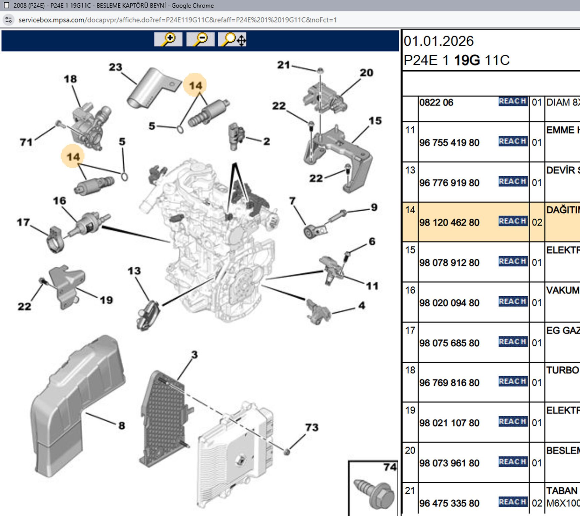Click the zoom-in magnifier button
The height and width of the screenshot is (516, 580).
point(168,39)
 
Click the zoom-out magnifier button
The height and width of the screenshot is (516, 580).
point(200,39)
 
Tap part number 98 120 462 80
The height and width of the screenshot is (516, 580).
point(449,222)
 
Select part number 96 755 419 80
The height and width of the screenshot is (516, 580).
point(449,142)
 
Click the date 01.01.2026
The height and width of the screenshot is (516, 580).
point(439,41)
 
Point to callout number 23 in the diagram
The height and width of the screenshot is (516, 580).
point(115,67)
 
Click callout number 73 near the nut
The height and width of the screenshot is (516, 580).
point(312,427)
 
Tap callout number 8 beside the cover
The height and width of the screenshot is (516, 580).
point(122,426)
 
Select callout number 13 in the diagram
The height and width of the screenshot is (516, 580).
point(134,271)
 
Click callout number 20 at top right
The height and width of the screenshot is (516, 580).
point(366,73)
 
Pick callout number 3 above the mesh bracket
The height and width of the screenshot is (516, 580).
point(194,355)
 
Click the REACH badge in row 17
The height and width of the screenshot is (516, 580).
point(512,342)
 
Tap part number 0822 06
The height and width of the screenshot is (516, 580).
point(436,102)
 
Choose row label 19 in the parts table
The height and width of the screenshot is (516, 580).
point(410,410)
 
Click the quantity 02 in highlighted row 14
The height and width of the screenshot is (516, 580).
point(537,222)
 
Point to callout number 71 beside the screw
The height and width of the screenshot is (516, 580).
point(26,142)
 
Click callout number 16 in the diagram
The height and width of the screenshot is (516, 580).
point(59,201)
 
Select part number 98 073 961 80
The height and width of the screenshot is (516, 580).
point(449,463)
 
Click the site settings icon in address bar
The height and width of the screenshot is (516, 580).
point(9,20)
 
